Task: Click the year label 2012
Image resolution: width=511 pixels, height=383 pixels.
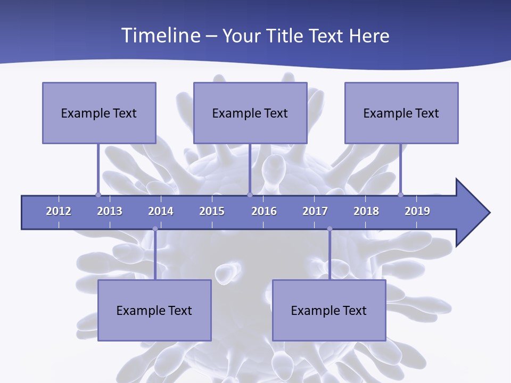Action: (x=59, y=211)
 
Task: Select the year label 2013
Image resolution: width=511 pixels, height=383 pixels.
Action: (x=110, y=211)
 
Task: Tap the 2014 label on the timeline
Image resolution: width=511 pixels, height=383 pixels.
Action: (x=161, y=211)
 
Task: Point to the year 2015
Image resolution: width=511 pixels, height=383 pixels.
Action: (x=212, y=211)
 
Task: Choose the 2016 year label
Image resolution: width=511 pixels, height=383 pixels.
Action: (x=264, y=211)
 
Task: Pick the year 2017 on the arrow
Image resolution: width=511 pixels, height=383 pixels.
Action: (x=315, y=211)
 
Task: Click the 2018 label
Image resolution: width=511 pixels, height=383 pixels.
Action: (x=366, y=211)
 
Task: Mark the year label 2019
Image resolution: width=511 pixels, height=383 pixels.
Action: (x=417, y=211)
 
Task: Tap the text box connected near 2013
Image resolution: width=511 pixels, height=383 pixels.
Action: (x=99, y=113)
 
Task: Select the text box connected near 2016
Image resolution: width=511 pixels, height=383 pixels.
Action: (x=250, y=113)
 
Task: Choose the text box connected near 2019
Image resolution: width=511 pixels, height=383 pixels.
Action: (x=401, y=113)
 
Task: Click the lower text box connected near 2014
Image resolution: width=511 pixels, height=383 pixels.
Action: (x=154, y=310)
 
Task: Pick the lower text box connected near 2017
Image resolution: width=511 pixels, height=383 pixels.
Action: (x=329, y=310)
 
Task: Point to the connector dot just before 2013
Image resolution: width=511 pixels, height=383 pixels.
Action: (x=98, y=195)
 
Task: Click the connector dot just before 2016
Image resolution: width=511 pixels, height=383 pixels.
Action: (x=250, y=195)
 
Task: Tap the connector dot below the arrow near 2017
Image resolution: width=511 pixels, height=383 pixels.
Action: (x=329, y=229)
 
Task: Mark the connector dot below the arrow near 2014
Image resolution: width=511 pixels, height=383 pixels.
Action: (x=155, y=229)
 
